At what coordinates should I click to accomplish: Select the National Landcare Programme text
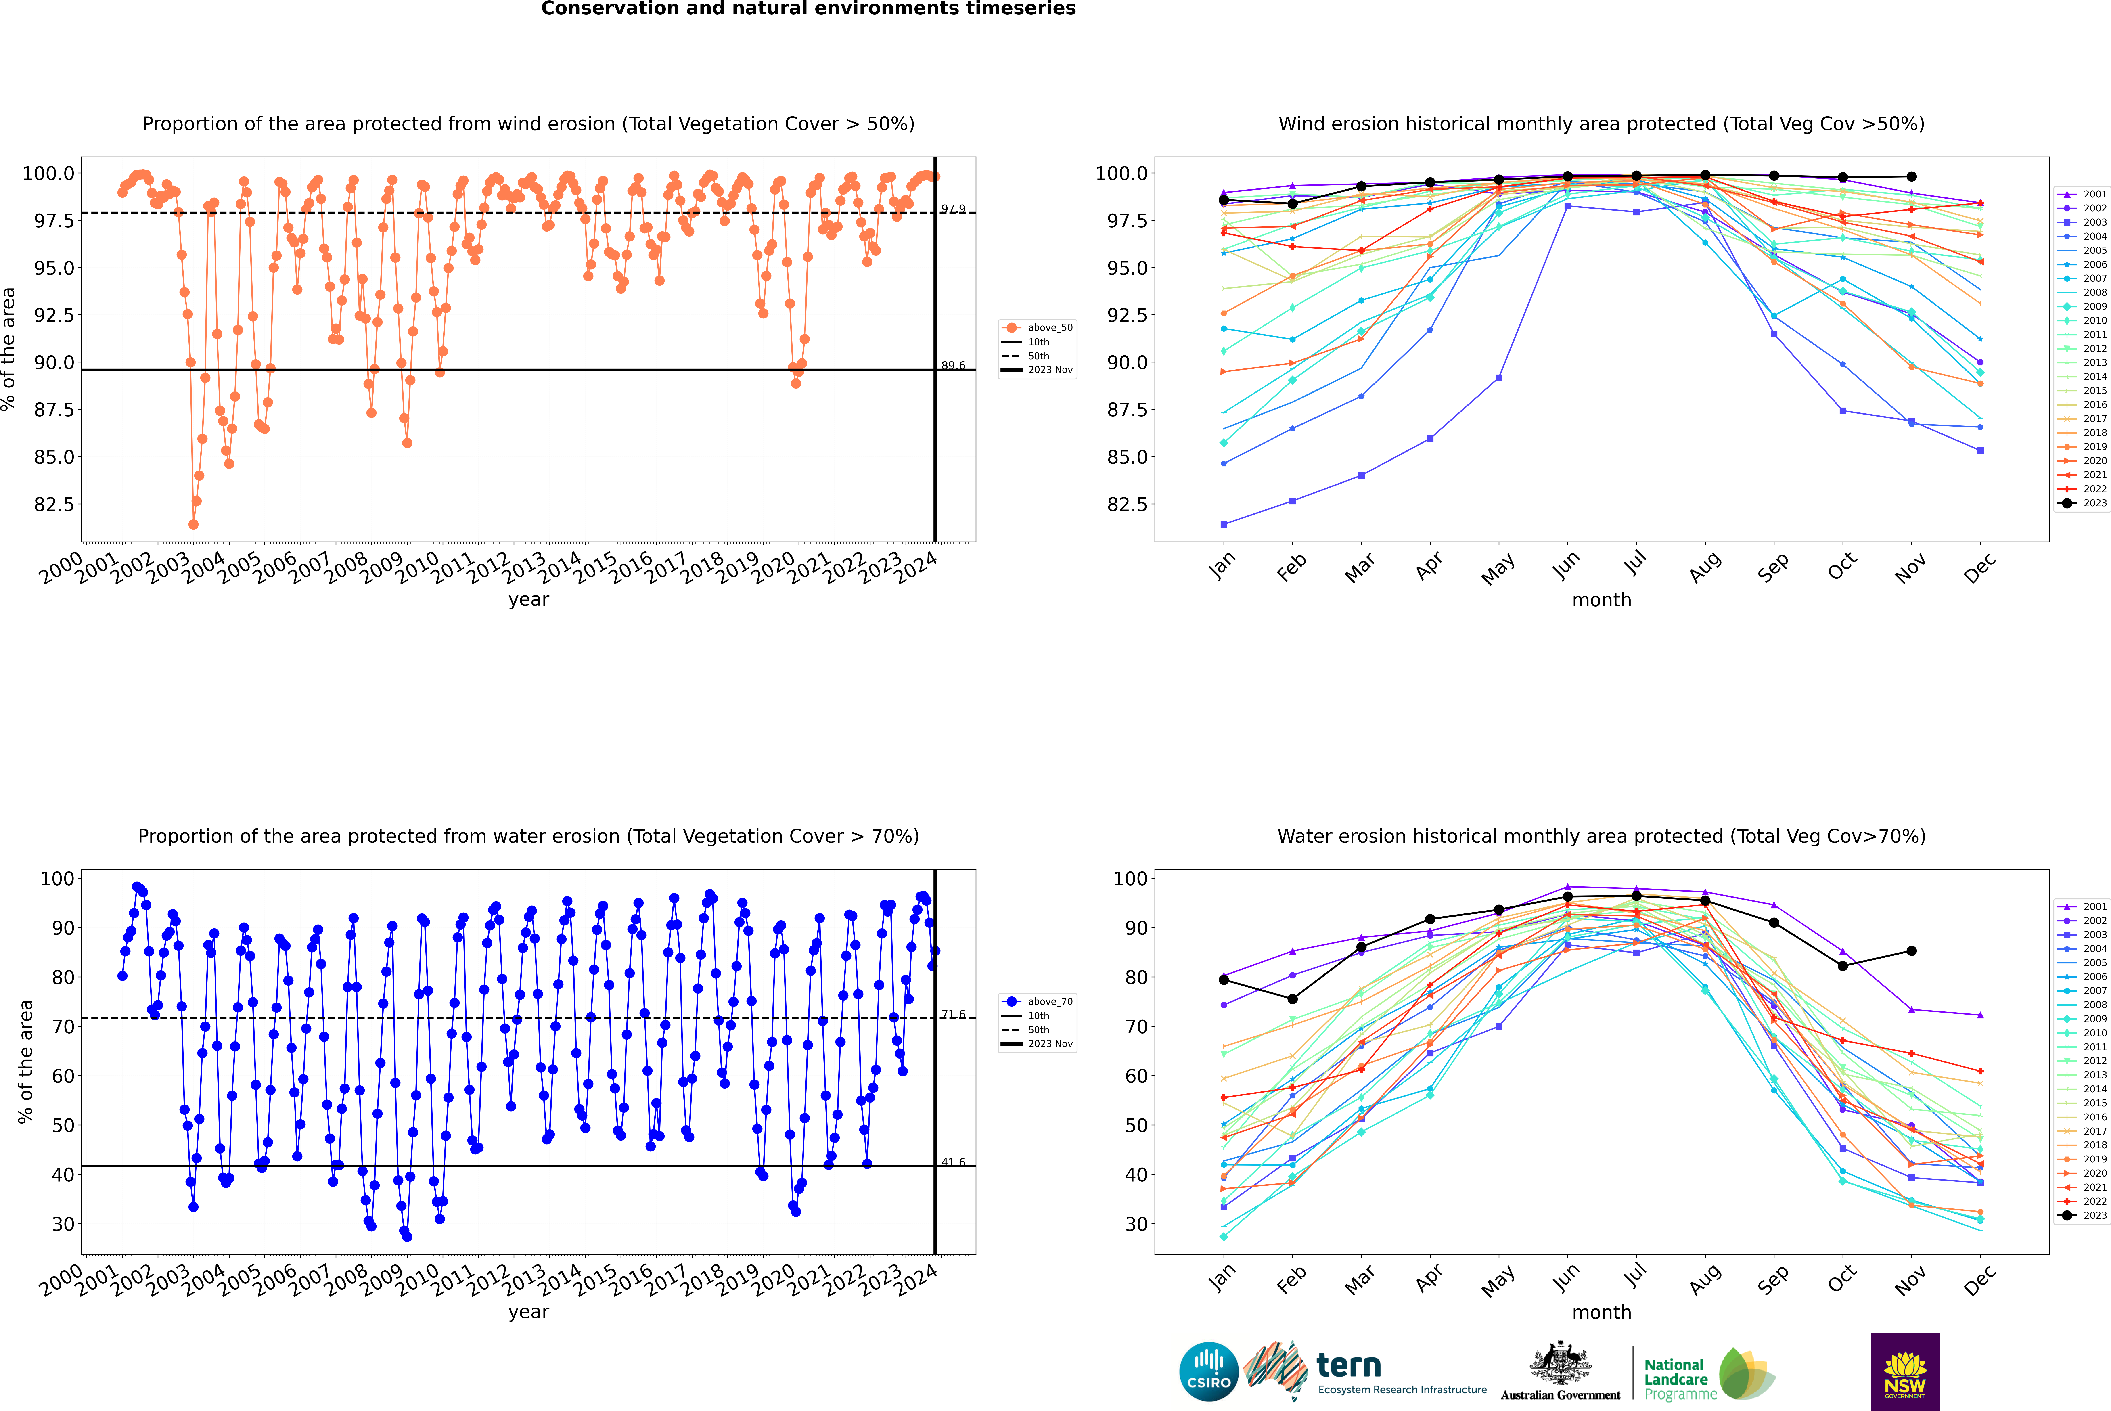(1676, 1379)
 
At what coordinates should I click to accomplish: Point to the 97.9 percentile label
(953, 209)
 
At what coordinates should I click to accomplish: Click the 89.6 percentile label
(953, 365)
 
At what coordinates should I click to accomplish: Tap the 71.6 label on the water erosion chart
(953, 1014)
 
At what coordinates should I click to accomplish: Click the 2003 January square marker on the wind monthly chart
(1224, 524)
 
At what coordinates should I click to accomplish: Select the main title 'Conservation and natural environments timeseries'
(808, 9)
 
